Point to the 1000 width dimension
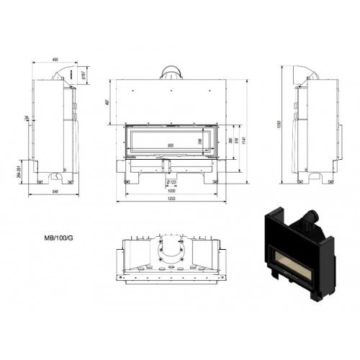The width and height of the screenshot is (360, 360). point(170,190)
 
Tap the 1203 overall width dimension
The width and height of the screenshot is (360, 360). point(170,198)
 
